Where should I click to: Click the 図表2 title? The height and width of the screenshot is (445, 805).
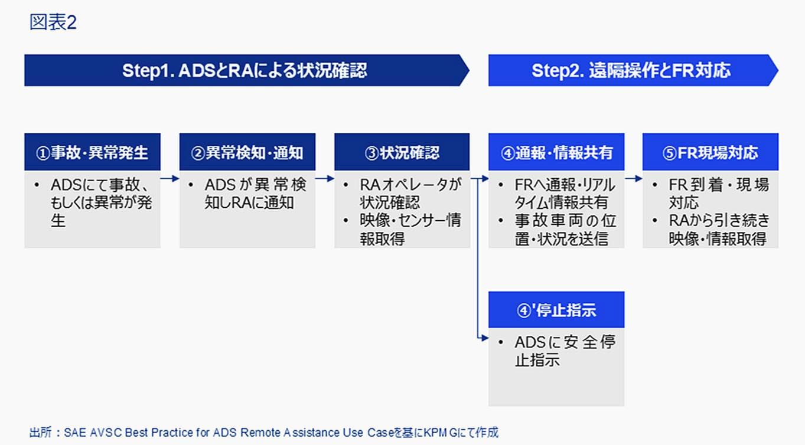[x=53, y=22]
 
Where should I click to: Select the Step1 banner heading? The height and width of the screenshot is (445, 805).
[x=245, y=70]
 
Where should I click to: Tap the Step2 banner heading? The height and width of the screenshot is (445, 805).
[x=631, y=70]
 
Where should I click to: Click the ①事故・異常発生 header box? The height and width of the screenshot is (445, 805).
[x=92, y=152]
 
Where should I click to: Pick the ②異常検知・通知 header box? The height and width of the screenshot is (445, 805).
[x=247, y=152]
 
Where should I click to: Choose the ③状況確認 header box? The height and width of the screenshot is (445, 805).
[x=402, y=152]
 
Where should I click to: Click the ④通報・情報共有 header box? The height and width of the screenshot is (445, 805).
[x=556, y=152]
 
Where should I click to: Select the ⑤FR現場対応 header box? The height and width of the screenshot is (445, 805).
[x=711, y=152]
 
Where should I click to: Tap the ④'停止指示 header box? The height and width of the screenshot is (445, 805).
[x=556, y=310]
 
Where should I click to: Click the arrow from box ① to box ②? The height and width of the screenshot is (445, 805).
[x=170, y=178]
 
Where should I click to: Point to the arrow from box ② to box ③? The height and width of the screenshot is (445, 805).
[x=325, y=178]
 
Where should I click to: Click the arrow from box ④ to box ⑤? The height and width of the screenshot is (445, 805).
[x=634, y=178]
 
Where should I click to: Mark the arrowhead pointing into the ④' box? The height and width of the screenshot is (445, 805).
[x=485, y=338]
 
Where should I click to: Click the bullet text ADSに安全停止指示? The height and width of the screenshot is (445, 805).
[x=565, y=351]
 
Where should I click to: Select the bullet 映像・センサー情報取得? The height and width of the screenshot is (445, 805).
[x=410, y=230]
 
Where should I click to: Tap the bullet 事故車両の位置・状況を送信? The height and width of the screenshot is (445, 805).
[x=565, y=230]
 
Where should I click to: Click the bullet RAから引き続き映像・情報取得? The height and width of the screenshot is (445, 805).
[x=719, y=230]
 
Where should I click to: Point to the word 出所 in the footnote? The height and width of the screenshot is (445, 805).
[x=40, y=433]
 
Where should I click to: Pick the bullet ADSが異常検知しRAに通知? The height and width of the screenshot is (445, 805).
[x=256, y=194]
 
